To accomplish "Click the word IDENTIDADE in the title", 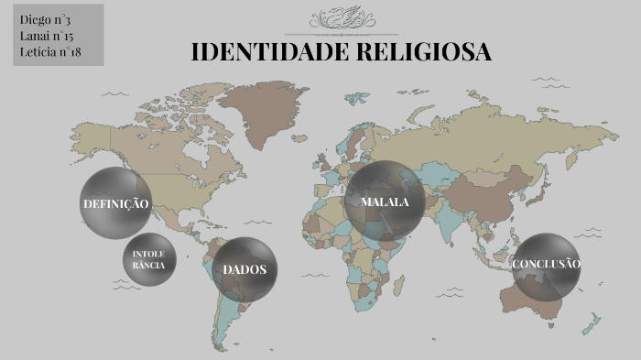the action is [x=258, y=52].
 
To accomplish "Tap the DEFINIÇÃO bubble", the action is [x=115, y=203].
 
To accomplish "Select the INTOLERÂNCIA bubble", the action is [x=148, y=259].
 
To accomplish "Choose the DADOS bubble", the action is [x=244, y=269].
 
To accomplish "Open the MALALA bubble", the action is [x=385, y=202].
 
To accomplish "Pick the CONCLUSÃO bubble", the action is [x=547, y=265].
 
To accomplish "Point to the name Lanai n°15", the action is [x=46, y=35].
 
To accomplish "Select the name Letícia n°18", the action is [x=50, y=51].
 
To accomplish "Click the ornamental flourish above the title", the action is [x=341, y=19].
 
